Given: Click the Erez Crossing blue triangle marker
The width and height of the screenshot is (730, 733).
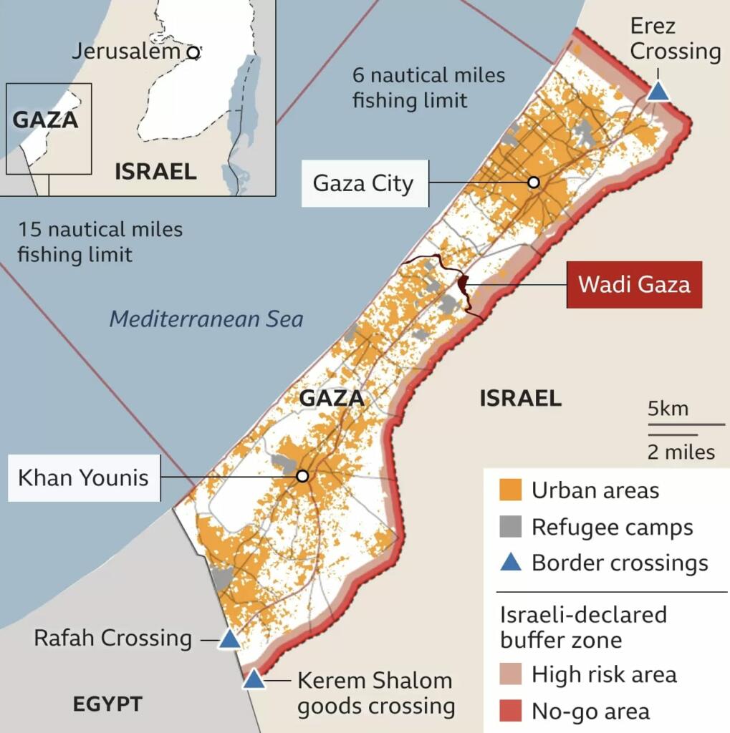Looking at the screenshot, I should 658,92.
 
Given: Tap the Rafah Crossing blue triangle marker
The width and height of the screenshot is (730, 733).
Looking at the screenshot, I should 229,639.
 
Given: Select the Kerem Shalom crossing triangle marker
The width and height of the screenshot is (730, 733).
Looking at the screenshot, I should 253,679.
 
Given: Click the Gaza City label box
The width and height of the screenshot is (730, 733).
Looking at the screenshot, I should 364,183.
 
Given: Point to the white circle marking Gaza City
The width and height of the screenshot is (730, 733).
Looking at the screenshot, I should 533,183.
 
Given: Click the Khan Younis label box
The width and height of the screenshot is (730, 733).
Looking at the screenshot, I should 83,477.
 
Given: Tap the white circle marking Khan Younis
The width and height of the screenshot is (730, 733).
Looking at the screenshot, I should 302,476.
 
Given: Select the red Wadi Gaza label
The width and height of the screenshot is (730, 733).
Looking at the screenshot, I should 634,285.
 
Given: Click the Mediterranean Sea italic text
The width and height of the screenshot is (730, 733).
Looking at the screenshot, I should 206,319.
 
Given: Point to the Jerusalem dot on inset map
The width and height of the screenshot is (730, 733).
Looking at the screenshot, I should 191,52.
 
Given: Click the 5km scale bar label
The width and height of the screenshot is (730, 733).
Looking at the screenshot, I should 668,409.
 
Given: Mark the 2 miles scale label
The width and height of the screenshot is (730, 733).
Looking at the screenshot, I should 681,452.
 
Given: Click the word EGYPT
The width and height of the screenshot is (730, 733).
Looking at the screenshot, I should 107,704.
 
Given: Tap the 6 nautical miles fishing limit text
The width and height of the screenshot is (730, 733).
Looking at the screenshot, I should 428,87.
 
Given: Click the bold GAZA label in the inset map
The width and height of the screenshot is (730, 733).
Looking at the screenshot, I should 45,119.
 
